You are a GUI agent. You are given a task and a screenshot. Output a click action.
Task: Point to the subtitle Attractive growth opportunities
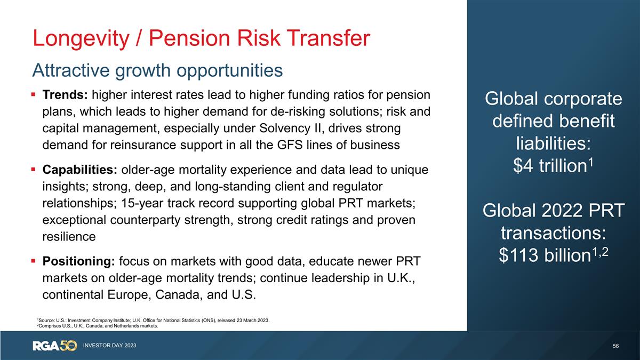157,70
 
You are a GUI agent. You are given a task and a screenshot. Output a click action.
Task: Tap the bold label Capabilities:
80,171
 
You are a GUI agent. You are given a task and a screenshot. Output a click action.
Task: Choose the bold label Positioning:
78,262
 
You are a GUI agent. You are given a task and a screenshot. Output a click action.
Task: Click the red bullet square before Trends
34,95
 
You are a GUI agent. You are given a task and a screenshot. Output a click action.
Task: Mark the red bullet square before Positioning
34,262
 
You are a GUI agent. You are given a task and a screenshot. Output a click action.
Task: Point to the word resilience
69,237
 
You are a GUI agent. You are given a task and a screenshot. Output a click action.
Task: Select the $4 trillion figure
549,167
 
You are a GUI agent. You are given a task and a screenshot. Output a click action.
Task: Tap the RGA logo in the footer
48,346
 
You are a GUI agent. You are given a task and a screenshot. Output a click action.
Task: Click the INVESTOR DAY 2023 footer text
109,346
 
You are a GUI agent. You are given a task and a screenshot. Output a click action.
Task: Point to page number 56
616,346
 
